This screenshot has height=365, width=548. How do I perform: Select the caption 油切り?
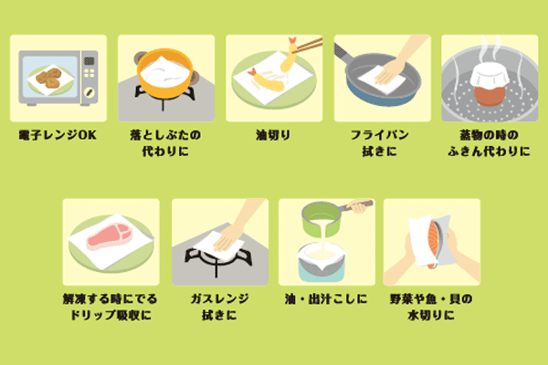tap(272, 135)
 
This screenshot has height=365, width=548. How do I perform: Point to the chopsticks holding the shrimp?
tap(308, 43)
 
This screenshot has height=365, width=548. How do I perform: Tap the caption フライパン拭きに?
tap(379, 143)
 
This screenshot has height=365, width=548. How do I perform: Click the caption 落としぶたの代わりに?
tap(165, 143)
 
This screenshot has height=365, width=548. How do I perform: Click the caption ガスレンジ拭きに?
tap(217, 307)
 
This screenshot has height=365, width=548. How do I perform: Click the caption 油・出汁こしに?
tap(324, 298)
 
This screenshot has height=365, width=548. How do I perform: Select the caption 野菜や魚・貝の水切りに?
tap(431, 307)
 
